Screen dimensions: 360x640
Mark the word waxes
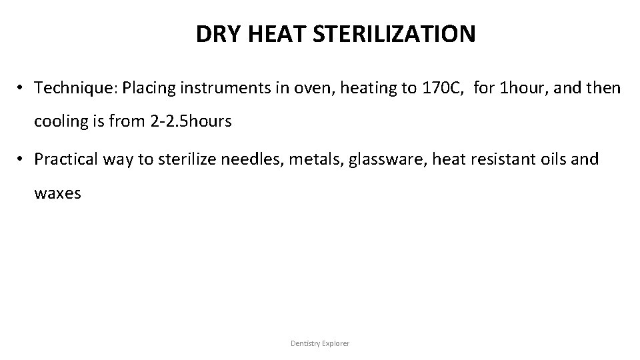(57, 194)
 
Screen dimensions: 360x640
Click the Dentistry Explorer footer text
(320, 343)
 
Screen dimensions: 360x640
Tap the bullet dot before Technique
(22, 87)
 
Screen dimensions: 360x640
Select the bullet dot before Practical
(22, 159)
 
